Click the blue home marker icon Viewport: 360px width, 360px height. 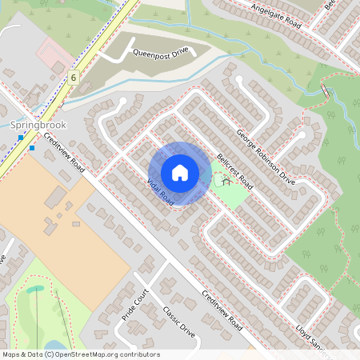point(180,173)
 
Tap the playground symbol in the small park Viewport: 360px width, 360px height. point(226,179)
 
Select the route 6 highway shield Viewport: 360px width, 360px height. point(74,78)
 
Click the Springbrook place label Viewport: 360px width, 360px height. point(38,126)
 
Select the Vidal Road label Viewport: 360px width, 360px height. point(160,190)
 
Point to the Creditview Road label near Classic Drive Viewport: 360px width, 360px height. point(222,310)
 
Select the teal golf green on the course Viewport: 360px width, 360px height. point(36,290)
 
